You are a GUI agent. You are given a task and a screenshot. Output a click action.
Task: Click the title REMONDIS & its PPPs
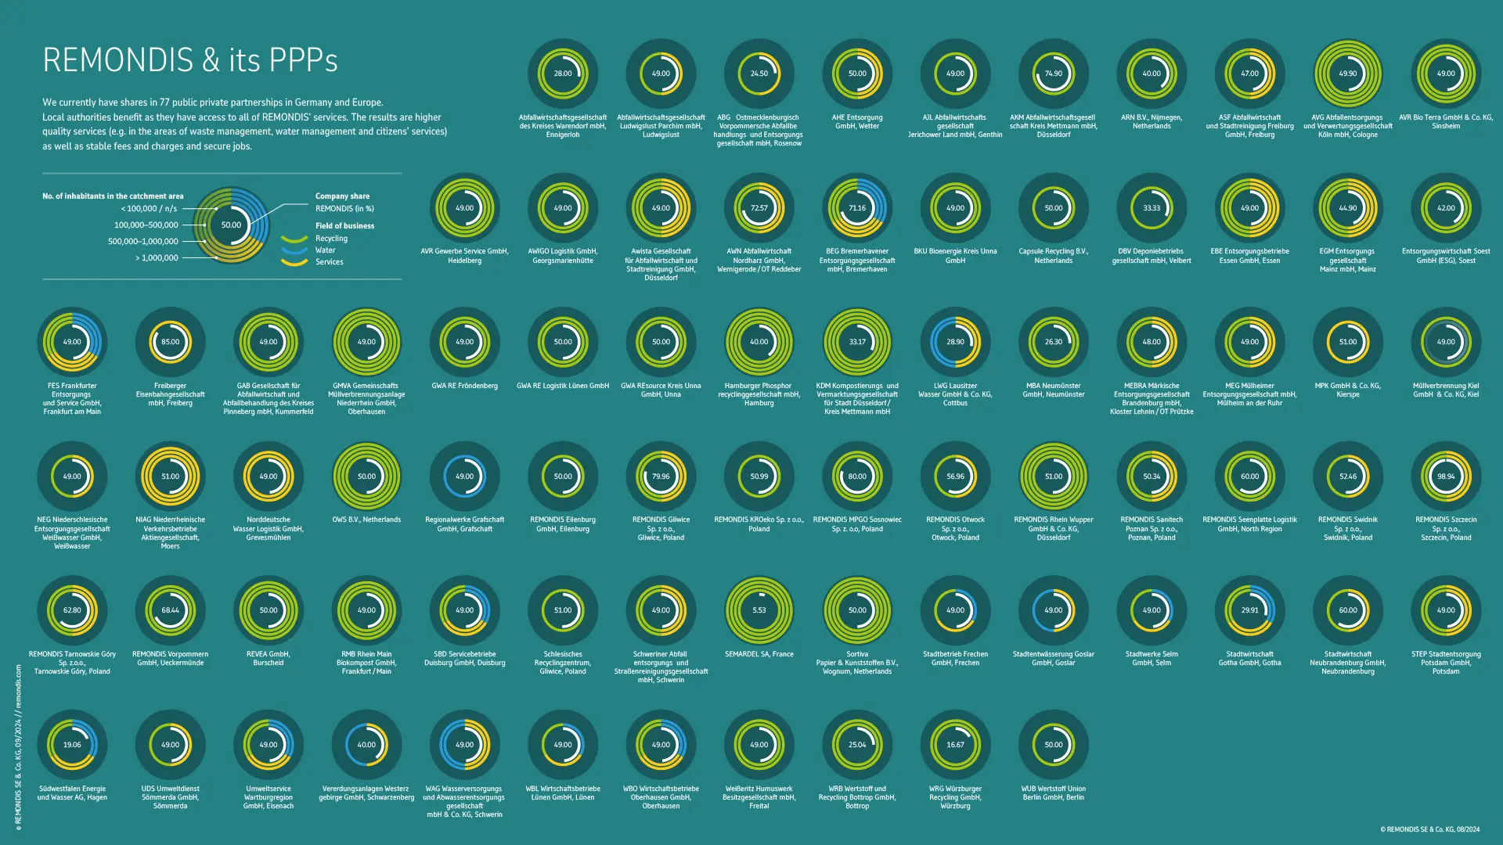tap(190, 60)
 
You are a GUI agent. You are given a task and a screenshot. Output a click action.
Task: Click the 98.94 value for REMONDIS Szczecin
tap(1445, 476)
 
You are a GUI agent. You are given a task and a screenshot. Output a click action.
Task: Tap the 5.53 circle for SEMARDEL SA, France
tap(759, 610)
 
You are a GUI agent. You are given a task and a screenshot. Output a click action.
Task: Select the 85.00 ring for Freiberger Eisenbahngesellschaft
tap(170, 342)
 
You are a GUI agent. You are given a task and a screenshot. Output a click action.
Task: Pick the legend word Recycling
tap(331, 239)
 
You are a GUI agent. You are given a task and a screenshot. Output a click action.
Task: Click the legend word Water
tap(325, 250)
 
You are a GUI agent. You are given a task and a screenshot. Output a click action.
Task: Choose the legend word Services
tap(329, 262)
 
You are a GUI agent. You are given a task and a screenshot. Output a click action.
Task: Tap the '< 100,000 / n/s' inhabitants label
tap(149, 209)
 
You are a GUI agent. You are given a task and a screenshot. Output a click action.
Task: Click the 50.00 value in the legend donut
tap(231, 225)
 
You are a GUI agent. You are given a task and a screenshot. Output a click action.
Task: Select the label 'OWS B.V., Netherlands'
tap(366, 520)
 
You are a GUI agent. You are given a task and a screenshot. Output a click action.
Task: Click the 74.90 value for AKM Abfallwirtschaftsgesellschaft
tap(1053, 74)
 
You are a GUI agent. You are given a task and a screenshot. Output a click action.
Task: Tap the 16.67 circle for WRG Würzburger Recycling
tap(955, 745)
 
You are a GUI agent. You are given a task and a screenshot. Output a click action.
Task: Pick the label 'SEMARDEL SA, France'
tap(759, 654)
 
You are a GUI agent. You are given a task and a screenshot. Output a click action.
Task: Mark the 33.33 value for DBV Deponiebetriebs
tap(1152, 208)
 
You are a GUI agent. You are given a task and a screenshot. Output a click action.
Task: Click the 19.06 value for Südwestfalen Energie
tap(72, 745)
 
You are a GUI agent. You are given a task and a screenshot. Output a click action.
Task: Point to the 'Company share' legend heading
tap(342, 196)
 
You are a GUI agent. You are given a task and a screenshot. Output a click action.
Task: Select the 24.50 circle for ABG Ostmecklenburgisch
tap(759, 74)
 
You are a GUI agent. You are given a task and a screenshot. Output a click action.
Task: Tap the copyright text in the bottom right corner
tap(1429, 829)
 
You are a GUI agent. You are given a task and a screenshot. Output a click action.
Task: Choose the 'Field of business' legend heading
tap(344, 226)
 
